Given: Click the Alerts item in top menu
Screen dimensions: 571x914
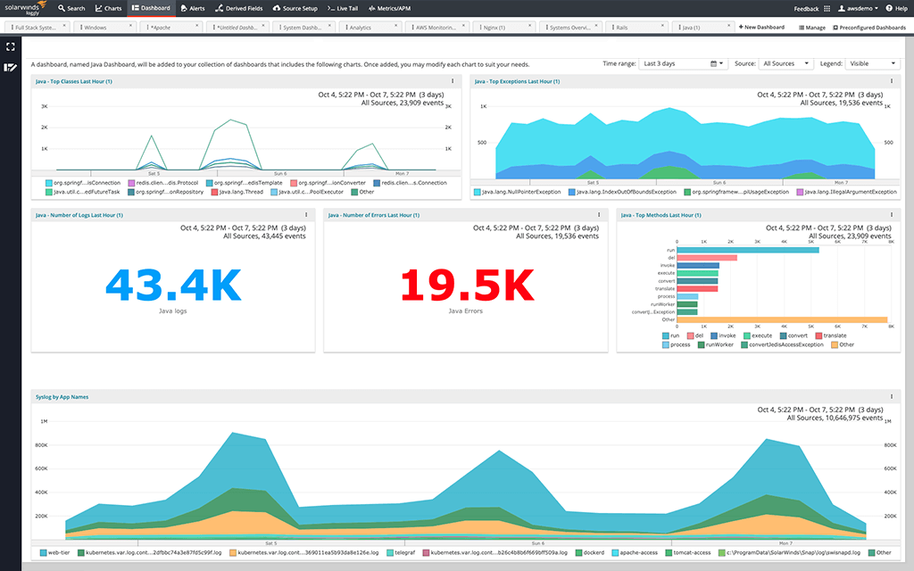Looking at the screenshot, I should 192,8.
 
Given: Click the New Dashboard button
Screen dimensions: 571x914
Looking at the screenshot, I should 761,28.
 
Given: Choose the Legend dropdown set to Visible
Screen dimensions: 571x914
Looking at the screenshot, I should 873,64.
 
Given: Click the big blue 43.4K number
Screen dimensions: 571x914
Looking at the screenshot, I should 173,285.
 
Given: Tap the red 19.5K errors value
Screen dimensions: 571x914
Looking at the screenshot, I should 467,285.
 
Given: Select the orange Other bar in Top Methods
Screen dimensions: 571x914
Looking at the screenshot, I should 782,319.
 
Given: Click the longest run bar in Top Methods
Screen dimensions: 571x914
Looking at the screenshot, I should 748,250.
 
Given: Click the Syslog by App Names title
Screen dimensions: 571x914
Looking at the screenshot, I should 62,397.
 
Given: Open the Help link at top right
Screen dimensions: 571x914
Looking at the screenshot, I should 896,8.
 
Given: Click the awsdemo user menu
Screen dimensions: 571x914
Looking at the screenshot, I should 855,8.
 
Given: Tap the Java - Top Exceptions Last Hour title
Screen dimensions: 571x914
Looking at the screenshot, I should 517,81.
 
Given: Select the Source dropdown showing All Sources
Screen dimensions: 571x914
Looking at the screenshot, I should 785,64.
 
